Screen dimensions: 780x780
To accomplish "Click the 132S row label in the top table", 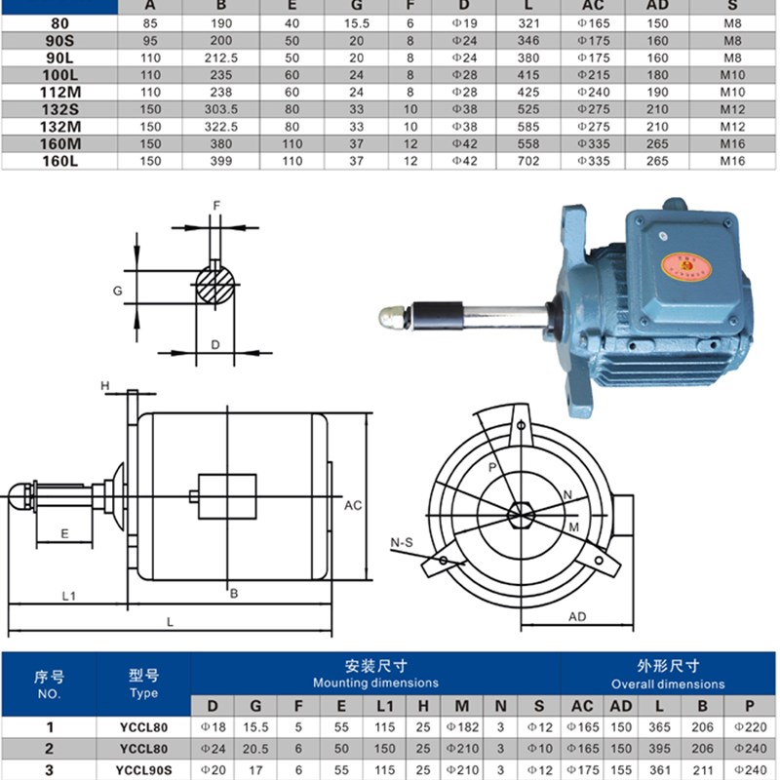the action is coord(59,109).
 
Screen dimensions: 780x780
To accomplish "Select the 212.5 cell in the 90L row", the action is coord(221,58).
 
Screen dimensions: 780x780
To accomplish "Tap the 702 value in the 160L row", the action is coord(528,161).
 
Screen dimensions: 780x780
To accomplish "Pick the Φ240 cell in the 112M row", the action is coord(593,93).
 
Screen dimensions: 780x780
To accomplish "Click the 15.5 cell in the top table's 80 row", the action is coord(356,23).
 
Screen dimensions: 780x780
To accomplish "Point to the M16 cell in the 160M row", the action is coord(732,144).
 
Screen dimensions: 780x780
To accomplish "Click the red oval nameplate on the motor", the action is coord(686,266).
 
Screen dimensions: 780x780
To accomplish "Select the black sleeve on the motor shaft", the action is coord(438,315).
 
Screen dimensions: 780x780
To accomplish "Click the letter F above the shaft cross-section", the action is coord(216,206).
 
